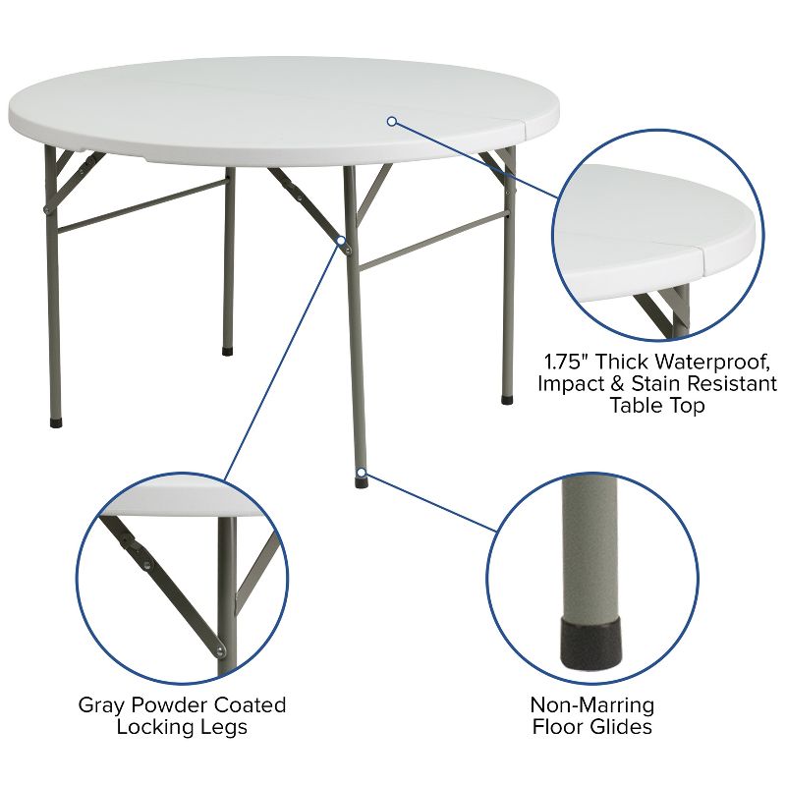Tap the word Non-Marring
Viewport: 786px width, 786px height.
[x=591, y=704]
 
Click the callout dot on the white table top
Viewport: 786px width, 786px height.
[x=391, y=121]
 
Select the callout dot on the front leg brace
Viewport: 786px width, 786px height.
[x=341, y=240]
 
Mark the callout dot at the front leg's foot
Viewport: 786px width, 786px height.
[x=362, y=473]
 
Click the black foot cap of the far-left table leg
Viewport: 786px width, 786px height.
[x=54, y=422]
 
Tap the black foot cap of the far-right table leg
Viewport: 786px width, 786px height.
[x=506, y=400]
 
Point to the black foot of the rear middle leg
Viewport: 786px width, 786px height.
[x=228, y=349]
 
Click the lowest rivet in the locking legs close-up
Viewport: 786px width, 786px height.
[x=220, y=649]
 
